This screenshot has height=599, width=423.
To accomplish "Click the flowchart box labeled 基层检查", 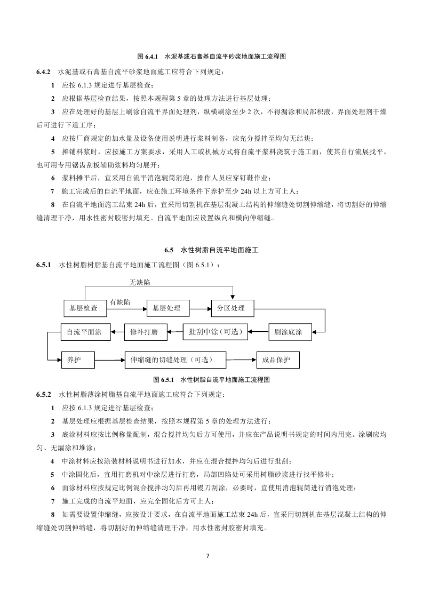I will [83, 308].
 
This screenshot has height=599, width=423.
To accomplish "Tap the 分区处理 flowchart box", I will [231, 308].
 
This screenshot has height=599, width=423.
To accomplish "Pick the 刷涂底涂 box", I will [288, 332].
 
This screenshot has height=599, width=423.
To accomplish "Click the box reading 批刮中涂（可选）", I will [216, 332].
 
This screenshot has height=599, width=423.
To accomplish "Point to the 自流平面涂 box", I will [85, 332].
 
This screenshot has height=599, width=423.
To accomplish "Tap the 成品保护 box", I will [277, 360].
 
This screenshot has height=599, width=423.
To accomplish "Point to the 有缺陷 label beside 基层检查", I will [120, 302].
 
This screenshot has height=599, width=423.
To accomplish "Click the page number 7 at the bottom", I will [207, 556].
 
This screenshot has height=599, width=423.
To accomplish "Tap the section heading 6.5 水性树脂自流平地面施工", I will [211, 250].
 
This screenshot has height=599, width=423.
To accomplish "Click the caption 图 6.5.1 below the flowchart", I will [211, 380].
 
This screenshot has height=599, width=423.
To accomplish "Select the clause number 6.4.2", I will [43, 71].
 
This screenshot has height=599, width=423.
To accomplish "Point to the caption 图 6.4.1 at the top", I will [211, 55].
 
